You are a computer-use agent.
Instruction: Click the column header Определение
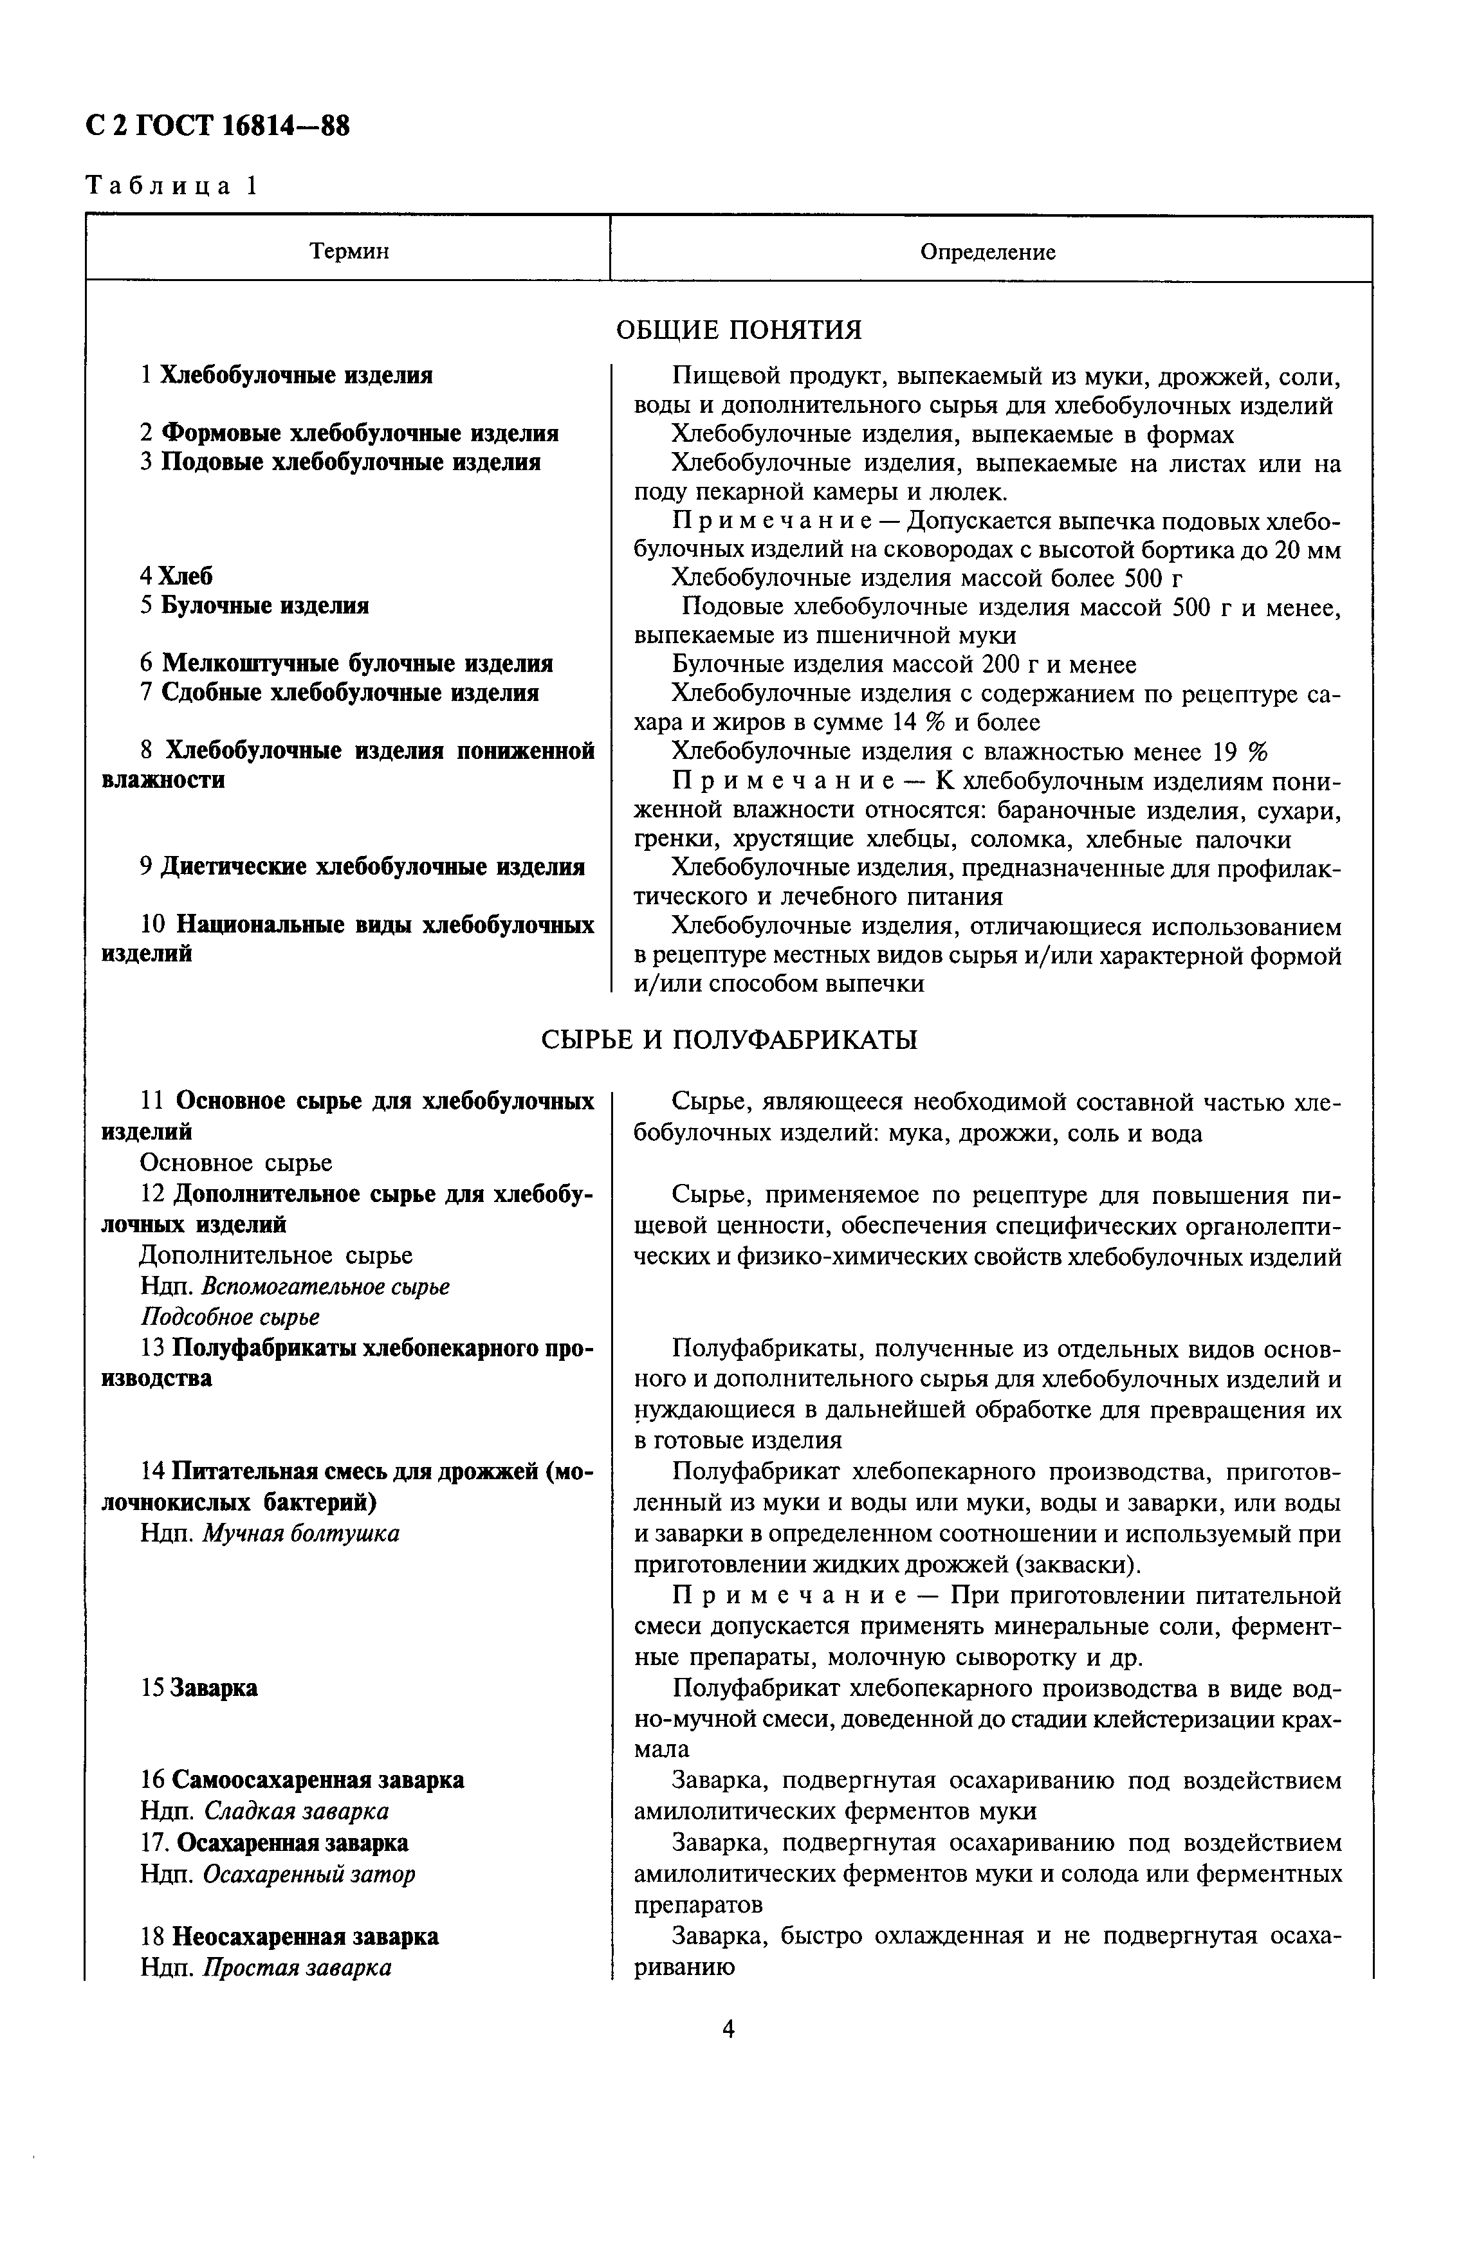(988, 252)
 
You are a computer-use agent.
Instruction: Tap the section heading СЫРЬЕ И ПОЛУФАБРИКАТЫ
(729, 1039)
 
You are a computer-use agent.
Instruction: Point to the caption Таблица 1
(171, 185)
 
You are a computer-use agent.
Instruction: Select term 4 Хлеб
(177, 576)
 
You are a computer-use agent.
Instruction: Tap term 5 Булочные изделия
(255, 605)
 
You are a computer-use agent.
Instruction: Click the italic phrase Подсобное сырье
(230, 1316)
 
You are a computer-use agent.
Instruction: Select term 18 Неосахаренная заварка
(290, 1936)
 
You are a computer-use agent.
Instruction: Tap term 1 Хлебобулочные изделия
(286, 375)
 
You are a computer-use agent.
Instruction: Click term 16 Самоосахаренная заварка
(302, 1780)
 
